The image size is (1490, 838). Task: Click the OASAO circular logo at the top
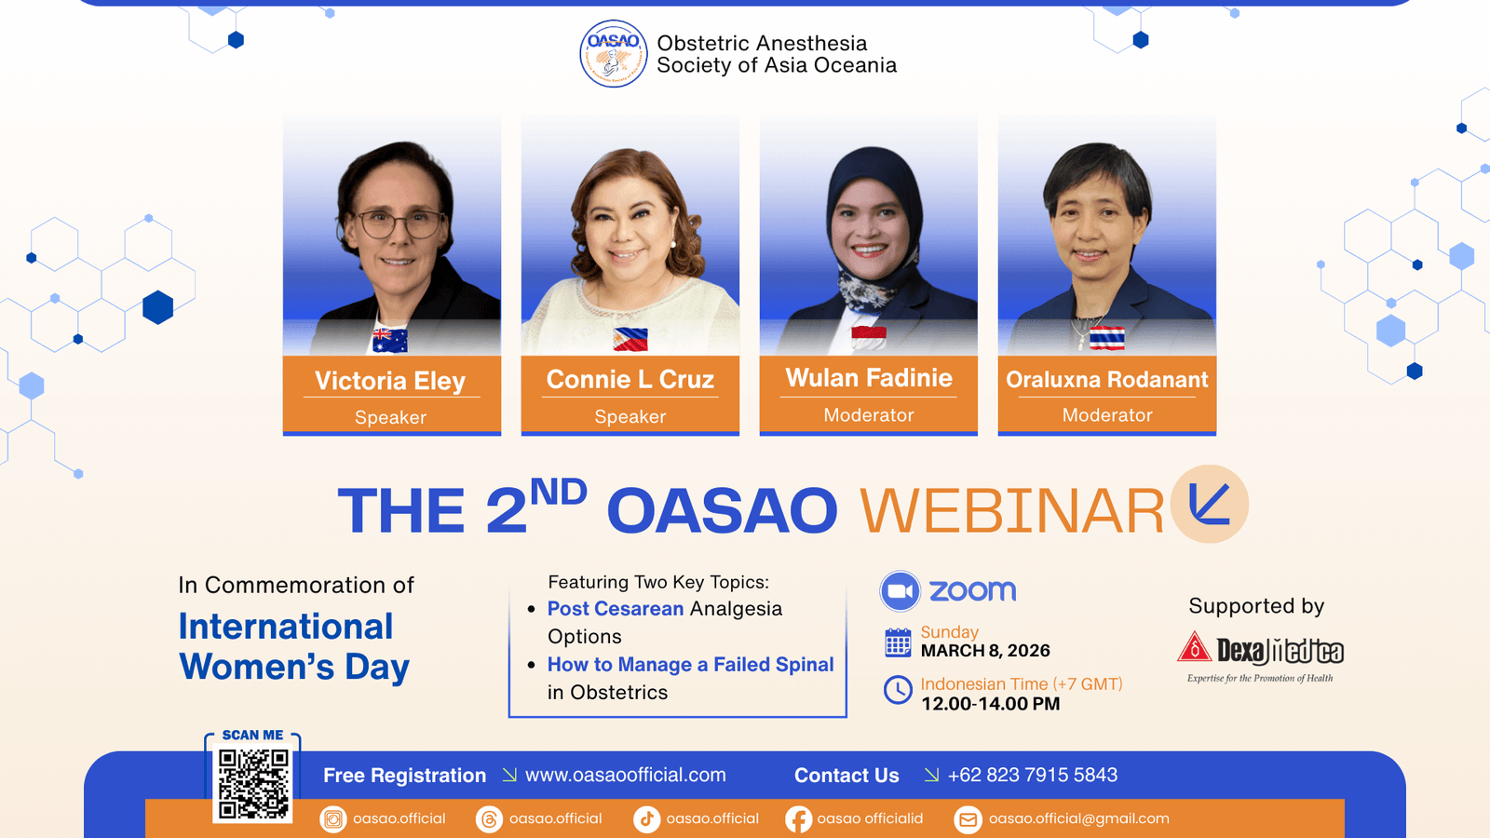tap(614, 54)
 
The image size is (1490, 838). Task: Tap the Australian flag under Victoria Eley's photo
tap(390, 340)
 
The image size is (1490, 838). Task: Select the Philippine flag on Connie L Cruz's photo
tap(630, 339)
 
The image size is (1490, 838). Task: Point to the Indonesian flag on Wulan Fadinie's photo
tap(869, 338)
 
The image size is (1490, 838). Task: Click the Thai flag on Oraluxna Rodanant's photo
tap(1107, 338)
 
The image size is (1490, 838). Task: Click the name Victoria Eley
tap(390, 381)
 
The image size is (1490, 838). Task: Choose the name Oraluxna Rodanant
tap(1107, 379)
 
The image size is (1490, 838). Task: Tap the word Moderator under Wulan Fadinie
tap(869, 415)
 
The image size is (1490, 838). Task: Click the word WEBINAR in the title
tap(1011, 511)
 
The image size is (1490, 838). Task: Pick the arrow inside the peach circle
tap(1207, 505)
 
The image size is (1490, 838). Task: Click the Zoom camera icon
tap(900, 590)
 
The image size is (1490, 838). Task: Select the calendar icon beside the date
tap(898, 642)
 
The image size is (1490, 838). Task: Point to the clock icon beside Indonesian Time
tap(898, 690)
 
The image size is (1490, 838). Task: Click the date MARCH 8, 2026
tap(985, 651)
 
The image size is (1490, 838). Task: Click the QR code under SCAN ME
tap(253, 783)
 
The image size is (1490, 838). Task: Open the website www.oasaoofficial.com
tap(625, 775)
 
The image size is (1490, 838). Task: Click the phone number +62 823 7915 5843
tap(1033, 775)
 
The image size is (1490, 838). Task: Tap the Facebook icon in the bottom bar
tap(798, 819)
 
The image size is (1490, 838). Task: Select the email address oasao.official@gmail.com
tap(1079, 818)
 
